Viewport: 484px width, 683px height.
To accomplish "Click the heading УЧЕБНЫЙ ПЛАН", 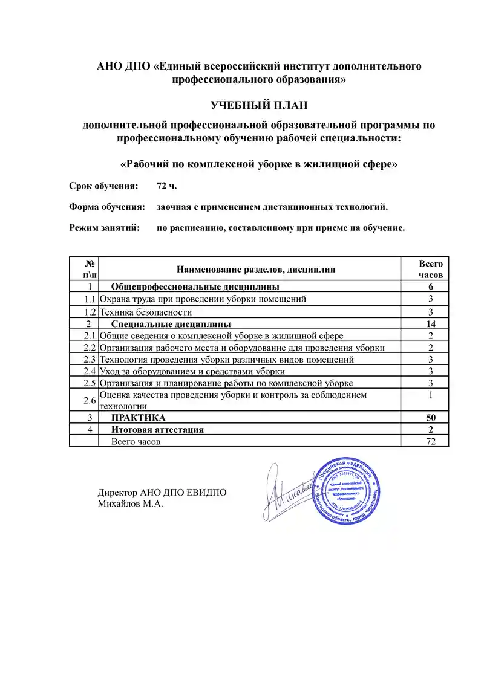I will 259,106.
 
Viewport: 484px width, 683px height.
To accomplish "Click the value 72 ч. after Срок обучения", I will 167,186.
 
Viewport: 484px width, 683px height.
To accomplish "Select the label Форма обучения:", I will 107,207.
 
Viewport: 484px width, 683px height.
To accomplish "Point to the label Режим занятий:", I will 104,228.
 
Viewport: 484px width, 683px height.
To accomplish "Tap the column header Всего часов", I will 431,269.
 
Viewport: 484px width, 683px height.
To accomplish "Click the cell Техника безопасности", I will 146,312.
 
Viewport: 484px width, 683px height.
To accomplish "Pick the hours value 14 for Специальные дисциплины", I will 431,324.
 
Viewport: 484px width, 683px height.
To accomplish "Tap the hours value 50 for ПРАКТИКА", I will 431,418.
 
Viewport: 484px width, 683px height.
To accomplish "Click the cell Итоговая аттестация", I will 157,430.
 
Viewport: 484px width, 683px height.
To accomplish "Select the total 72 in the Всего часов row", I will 431,441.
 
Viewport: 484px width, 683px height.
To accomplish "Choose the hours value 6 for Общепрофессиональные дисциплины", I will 431,286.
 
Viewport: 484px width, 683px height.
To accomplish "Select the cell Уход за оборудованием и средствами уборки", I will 192,371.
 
